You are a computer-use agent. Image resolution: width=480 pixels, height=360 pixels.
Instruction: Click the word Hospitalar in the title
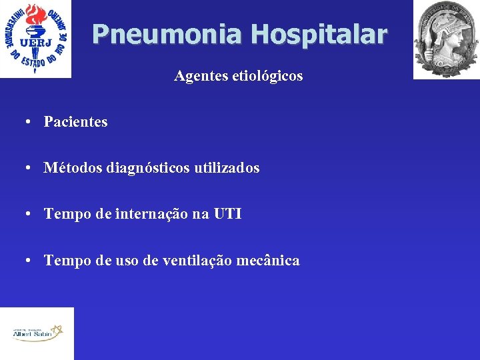click(319, 34)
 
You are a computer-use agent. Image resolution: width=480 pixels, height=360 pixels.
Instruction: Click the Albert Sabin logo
click(37, 333)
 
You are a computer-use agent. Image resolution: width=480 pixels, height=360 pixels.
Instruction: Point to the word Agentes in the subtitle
click(197, 76)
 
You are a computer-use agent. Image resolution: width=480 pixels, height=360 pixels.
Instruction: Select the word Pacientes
click(75, 122)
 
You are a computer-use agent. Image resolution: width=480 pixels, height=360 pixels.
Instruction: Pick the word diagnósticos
click(147, 168)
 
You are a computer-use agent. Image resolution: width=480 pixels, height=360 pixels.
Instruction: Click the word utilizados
click(227, 168)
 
